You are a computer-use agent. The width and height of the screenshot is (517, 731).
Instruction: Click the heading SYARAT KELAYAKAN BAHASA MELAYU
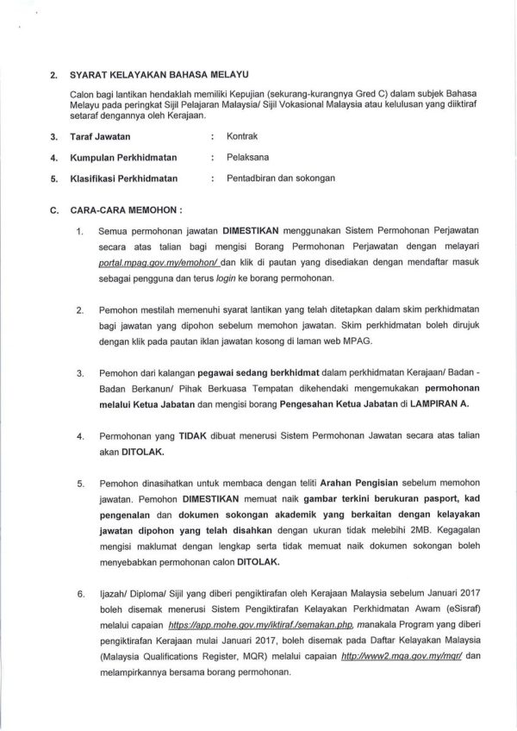click(149, 75)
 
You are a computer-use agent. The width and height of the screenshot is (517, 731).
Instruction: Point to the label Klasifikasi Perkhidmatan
click(125, 178)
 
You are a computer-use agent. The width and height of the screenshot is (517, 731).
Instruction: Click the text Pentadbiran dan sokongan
click(281, 178)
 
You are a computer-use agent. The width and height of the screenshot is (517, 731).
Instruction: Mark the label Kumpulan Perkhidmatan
click(131, 157)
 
